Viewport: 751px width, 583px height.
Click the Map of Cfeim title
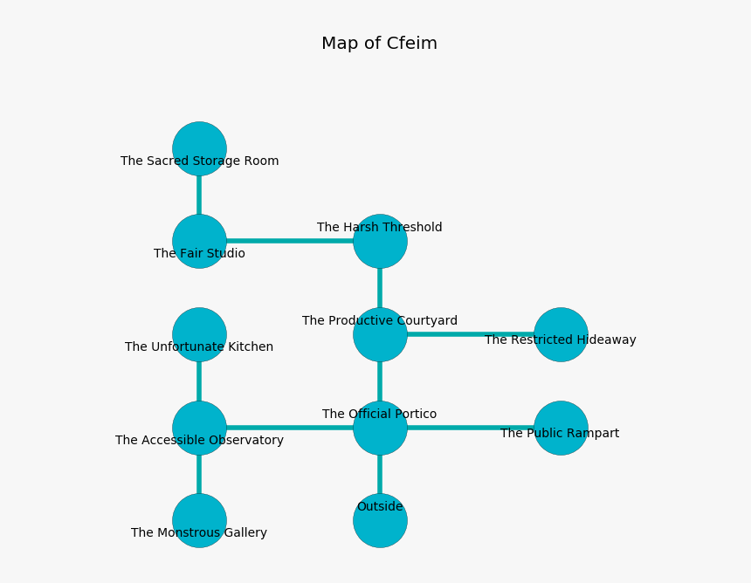(379, 44)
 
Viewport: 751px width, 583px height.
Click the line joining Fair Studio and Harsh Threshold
(290, 241)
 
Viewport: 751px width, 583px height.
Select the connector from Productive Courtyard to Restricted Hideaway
(470, 334)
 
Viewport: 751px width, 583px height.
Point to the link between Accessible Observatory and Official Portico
(290, 428)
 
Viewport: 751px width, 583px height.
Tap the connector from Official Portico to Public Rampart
(470, 428)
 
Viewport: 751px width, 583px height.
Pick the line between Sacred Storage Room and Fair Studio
(199, 195)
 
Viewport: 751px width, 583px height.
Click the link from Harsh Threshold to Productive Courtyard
(380, 288)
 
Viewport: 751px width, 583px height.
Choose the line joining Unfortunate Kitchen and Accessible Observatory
(199, 381)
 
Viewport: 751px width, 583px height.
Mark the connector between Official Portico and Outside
(380, 474)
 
